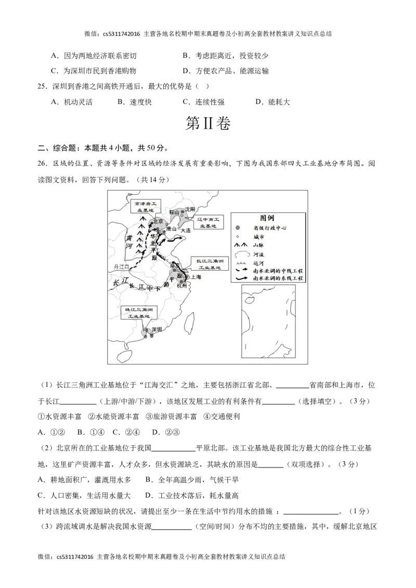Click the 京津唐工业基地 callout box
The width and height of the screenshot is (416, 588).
click(146, 207)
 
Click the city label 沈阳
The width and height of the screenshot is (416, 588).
click(190, 209)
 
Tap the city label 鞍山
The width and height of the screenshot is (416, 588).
click(174, 212)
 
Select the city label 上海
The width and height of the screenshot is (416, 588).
click(196, 277)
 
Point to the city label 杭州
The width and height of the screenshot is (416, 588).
click(181, 286)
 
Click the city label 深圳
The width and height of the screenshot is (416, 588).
click(156, 329)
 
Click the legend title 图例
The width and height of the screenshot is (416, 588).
click(267, 218)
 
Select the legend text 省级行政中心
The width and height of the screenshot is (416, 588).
click(270, 228)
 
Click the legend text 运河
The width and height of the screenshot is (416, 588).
click(258, 262)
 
